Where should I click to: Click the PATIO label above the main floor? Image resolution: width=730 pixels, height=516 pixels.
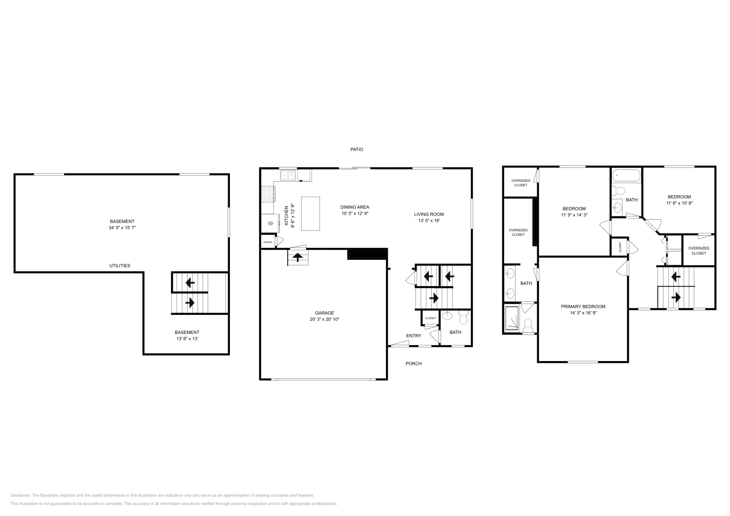tap(357, 150)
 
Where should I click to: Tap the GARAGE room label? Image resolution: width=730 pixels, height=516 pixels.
tap(324, 313)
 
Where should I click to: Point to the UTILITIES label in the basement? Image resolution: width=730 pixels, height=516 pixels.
tap(120, 266)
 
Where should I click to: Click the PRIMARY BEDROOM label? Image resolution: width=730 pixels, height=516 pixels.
tap(583, 307)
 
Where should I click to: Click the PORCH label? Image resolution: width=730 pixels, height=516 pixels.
tap(414, 364)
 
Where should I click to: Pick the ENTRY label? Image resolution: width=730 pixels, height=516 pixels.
tap(414, 336)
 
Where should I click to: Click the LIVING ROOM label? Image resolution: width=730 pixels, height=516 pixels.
tap(429, 214)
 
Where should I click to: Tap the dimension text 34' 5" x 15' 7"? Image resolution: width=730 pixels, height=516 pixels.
tap(122, 227)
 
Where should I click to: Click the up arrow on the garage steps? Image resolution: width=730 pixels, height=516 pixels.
tap(298, 258)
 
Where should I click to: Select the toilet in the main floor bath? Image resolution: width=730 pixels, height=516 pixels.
tap(464, 316)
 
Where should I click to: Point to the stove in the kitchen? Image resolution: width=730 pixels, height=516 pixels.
tap(268, 195)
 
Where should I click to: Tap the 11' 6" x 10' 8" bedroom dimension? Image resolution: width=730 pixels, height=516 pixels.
tap(679, 203)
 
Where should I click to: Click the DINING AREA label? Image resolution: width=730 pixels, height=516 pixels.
tap(355, 207)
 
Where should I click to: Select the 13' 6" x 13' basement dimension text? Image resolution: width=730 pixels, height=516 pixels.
tap(187, 339)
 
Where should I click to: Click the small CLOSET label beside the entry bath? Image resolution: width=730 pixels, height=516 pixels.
tap(430, 318)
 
